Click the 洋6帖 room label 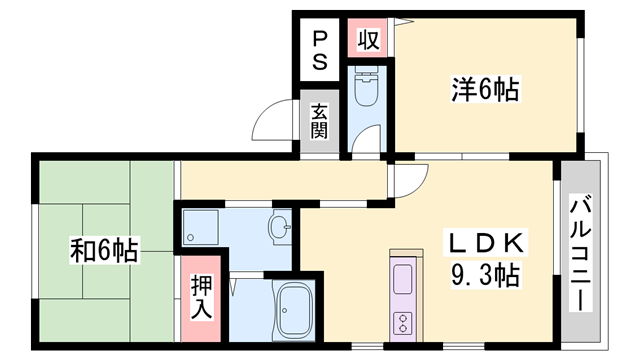pos(483,90)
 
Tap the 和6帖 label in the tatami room pos(105,247)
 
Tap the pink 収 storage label pos(367,40)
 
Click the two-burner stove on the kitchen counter pos(404,322)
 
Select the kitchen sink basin pos(403,279)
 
